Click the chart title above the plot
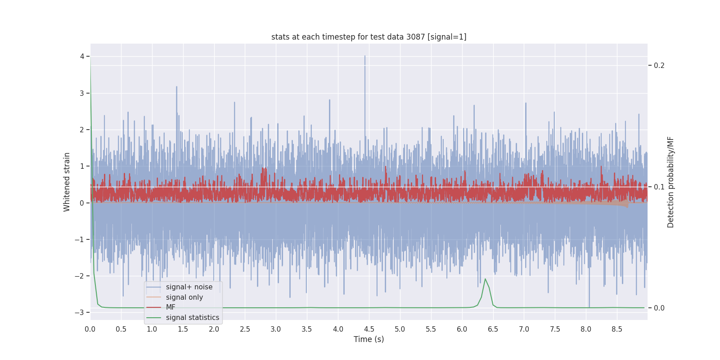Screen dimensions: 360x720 pyautogui.click(x=369, y=37)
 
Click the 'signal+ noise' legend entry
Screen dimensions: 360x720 pyautogui.click(x=189, y=287)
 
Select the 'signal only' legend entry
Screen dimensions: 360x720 pyautogui.click(x=184, y=297)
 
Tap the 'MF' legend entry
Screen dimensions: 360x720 pyautogui.click(x=171, y=307)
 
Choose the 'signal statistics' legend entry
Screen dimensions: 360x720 pyautogui.click(x=192, y=318)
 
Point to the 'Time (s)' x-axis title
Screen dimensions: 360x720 pyautogui.click(x=369, y=339)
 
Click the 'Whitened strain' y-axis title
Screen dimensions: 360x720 pyautogui.click(x=67, y=182)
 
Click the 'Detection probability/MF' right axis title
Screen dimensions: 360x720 pyautogui.click(x=670, y=182)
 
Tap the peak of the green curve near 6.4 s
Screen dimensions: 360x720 pyautogui.click(x=485, y=279)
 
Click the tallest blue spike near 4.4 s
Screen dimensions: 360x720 pyautogui.click(x=365, y=57)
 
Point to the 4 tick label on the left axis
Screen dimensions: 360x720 pyautogui.click(x=82, y=56)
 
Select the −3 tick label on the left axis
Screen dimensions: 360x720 pyautogui.click(x=79, y=312)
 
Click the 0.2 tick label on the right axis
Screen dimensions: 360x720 pyautogui.click(x=659, y=66)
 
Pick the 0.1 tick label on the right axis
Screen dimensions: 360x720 pyautogui.click(x=659, y=187)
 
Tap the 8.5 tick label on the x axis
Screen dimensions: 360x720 pyautogui.click(x=617, y=329)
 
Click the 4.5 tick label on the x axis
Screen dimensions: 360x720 pyautogui.click(x=369, y=329)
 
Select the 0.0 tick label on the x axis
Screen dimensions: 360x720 pyautogui.click(x=90, y=329)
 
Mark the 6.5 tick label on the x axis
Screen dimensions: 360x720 pyautogui.click(x=493, y=329)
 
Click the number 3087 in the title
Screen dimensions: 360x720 pyautogui.click(x=416, y=37)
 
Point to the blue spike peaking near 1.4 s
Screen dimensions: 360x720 pyautogui.click(x=176, y=87)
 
